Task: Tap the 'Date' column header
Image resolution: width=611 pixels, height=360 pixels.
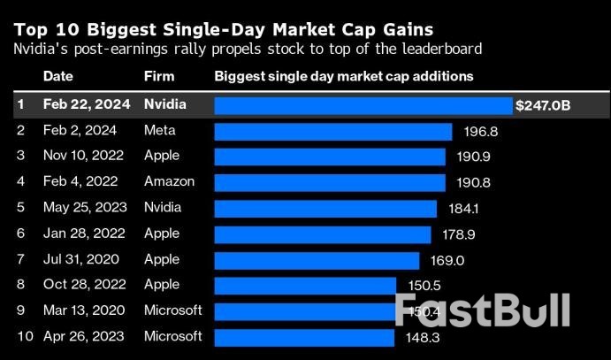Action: click(57, 76)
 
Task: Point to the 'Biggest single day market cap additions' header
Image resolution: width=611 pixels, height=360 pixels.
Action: click(344, 76)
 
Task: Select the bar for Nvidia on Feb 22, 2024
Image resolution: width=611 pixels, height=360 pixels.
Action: click(363, 105)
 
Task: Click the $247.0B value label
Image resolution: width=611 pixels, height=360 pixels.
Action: click(543, 105)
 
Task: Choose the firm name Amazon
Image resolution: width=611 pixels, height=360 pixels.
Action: click(167, 182)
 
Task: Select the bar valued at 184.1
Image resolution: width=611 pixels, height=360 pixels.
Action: click(325, 208)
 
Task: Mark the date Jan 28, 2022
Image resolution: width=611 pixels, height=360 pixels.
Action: click(80, 234)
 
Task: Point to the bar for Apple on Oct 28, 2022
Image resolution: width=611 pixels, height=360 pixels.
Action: click(305, 286)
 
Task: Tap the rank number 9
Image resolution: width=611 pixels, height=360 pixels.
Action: click(21, 311)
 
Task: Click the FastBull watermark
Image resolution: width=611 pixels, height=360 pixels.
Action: click(481, 310)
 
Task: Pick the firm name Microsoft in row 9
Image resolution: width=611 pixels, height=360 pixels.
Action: click(173, 311)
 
